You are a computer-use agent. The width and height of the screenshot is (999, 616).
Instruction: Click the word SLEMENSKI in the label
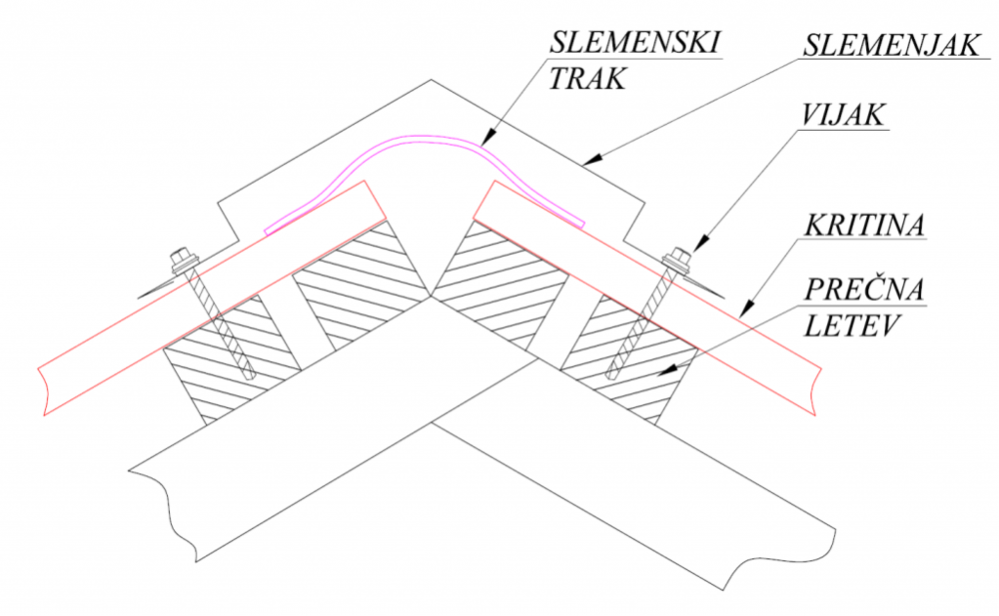pyautogui.click(x=635, y=42)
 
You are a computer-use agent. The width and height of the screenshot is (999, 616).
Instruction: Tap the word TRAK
pyautogui.click(x=586, y=79)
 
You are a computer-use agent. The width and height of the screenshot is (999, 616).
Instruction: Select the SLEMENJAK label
pyautogui.click(x=891, y=45)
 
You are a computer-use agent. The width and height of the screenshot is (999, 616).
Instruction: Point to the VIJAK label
pyautogui.click(x=842, y=115)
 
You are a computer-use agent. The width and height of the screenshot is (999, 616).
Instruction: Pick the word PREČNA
pyautogui.click(x=863, y=289)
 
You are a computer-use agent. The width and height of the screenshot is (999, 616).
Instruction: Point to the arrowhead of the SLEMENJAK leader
pyautogui.click(x=591, y=161)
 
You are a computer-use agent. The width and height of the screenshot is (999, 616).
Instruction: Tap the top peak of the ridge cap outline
pyautogui.click(x=432, y=80)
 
